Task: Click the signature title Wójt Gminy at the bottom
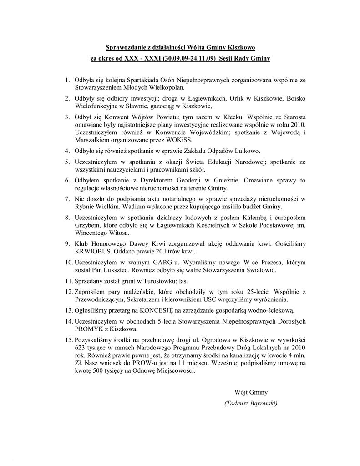[251, 392]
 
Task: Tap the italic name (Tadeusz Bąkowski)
[251, 403]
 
